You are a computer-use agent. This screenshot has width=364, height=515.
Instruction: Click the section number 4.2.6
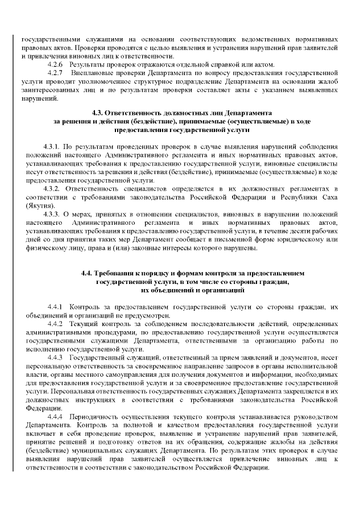pos(55,65)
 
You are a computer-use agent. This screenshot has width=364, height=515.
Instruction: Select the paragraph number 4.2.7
pos(55,73)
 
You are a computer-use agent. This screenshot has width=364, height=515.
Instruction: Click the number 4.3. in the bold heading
pos(99,113)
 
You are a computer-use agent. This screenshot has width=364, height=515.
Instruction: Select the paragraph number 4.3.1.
pos(52,147)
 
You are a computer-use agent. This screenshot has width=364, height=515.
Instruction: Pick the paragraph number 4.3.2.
pos(52,188)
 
